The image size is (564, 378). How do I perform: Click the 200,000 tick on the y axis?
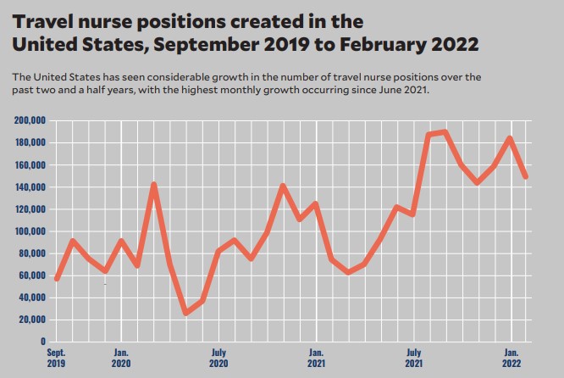(30, 120)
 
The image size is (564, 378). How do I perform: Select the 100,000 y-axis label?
(30, 231)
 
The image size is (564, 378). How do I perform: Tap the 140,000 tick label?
(30, 186)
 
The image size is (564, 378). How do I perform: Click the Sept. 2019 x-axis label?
(57, 357)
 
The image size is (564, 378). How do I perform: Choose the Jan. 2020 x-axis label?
(121, 357)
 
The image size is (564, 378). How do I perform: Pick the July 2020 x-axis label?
(218, 357)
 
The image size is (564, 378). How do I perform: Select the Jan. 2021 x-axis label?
(316, 357)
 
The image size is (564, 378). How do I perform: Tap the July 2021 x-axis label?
(413, 357)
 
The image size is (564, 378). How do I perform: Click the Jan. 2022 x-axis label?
(511, 357)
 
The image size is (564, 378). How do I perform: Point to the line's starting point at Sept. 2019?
(57, 278)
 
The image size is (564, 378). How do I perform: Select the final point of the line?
(527, 176)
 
